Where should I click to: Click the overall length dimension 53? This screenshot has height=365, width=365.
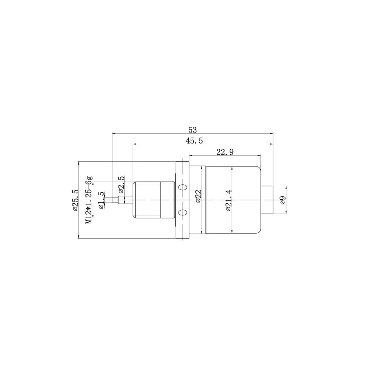click(192, 130)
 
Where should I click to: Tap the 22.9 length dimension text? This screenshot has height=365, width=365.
click(224, 152)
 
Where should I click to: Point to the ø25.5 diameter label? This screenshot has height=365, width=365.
click(75, 200)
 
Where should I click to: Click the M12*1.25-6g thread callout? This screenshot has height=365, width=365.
click(89, 200)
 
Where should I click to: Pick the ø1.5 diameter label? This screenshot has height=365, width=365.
click(101, 200)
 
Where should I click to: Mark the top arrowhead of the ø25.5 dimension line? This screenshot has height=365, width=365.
click(79, 163)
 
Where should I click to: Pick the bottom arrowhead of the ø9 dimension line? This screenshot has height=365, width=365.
click(287, 213)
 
